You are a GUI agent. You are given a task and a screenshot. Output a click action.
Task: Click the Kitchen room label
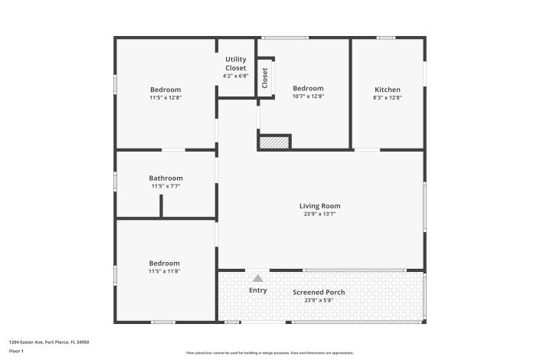coord(388,90)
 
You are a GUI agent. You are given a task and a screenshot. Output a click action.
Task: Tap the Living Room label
coord(319,205)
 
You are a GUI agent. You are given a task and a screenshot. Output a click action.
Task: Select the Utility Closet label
coord(235,64)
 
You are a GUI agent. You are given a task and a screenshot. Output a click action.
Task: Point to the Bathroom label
coord(165,178)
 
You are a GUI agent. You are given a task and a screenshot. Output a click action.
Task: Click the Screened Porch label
coord(319,292)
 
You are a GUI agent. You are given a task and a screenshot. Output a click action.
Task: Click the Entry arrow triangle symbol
coord(258,279)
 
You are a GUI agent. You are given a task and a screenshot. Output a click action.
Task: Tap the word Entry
coord(258,290)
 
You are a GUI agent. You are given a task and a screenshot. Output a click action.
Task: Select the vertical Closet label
coord(265,78)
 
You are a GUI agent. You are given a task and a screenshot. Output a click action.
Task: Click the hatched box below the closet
coord(273,142)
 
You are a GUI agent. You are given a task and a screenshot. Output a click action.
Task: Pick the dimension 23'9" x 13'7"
coord(319,214)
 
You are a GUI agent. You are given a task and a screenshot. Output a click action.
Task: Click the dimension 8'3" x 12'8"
coord(388,97)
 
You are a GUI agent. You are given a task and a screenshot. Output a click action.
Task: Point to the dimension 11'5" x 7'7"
coord(165,186)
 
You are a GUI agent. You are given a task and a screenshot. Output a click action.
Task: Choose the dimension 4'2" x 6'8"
coord(235,76)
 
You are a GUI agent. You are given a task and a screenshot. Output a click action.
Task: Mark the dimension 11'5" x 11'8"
coord(165,271)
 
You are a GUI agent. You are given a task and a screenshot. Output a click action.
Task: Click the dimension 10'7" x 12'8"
coord(309,97)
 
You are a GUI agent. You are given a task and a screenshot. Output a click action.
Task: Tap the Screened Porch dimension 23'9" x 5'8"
coord(319,300)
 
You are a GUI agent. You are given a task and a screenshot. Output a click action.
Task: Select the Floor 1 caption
coord(16,351)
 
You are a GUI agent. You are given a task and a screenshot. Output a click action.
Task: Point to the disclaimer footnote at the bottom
coord(270,353)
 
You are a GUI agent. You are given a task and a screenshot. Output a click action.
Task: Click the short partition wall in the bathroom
coord(161,206)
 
